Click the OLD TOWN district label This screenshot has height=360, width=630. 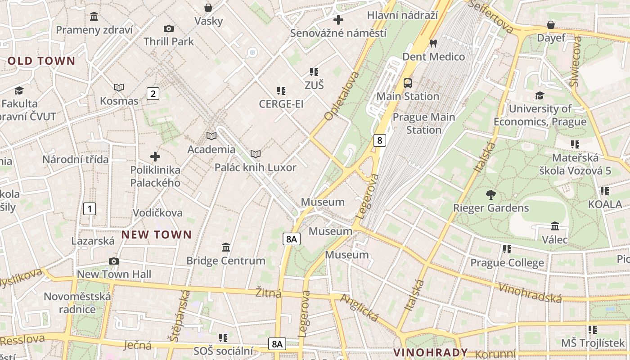(41, 61)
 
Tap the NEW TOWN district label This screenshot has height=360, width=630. (157, 234)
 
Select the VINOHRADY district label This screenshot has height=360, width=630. (431, 352)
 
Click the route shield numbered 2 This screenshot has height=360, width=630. (153, 94)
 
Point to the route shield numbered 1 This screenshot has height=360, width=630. (90, 209)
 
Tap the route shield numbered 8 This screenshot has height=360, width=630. (380, 140)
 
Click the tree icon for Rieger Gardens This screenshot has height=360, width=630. (490, 195)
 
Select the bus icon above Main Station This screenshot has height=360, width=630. (408, 83)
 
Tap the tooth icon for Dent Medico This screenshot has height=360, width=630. (433, 44)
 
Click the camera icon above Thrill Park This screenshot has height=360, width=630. (169, 29)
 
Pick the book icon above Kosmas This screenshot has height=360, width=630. (119, 88)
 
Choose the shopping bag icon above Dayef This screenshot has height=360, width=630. (551, 25)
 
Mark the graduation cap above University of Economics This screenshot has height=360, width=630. (540, 95)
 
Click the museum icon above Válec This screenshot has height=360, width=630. (555, 226)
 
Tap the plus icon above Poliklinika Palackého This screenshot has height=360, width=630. (155, 157)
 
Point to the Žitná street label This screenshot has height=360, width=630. (268, 293)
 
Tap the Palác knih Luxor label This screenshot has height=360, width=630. (255, 168)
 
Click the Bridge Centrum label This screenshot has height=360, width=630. (226, 261)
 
